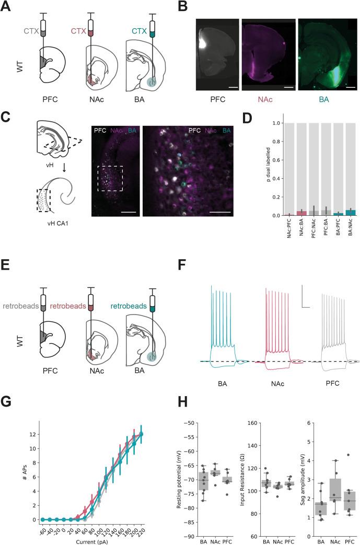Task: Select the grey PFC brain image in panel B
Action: (x=217, y=55)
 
